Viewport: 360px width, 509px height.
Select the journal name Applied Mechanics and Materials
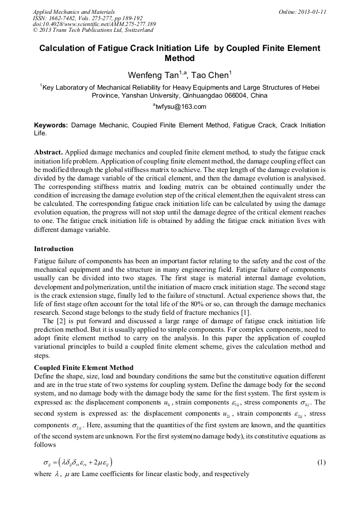coord(74,11)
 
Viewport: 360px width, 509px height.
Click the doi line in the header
coord(94,24)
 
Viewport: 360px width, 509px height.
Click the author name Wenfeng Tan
coord(153,75)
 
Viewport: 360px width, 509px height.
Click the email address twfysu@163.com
coord(181,107)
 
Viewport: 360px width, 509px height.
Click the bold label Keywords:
coord(51,125)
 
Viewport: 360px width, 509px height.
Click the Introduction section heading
coord(54,249)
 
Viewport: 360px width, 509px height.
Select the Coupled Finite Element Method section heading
coord(83,368)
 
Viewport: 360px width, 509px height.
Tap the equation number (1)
coord(321,462)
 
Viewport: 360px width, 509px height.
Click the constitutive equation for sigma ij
coord(74,462)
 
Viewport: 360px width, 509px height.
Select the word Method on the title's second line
coord(180,58)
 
